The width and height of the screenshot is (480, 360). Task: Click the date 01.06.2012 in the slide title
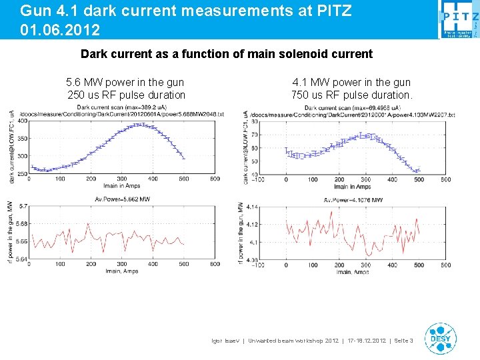click(x=61, y=30)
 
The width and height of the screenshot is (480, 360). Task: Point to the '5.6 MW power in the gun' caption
click(x=125, y=82)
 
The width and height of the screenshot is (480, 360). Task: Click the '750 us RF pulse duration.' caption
click(x=351, y=95)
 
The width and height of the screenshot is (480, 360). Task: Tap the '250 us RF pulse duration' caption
click(x=127, y=95)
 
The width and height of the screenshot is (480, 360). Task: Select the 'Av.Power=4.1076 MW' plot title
click(x=353, y=199)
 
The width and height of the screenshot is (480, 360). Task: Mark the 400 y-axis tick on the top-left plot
click(x=23, y=121)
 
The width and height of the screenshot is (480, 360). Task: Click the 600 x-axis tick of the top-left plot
click(x=215, y=179)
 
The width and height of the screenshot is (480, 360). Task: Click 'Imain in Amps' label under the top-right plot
click(x=351, y=186)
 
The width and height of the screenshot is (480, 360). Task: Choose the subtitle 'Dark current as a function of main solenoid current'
click(x=227, y=53)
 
